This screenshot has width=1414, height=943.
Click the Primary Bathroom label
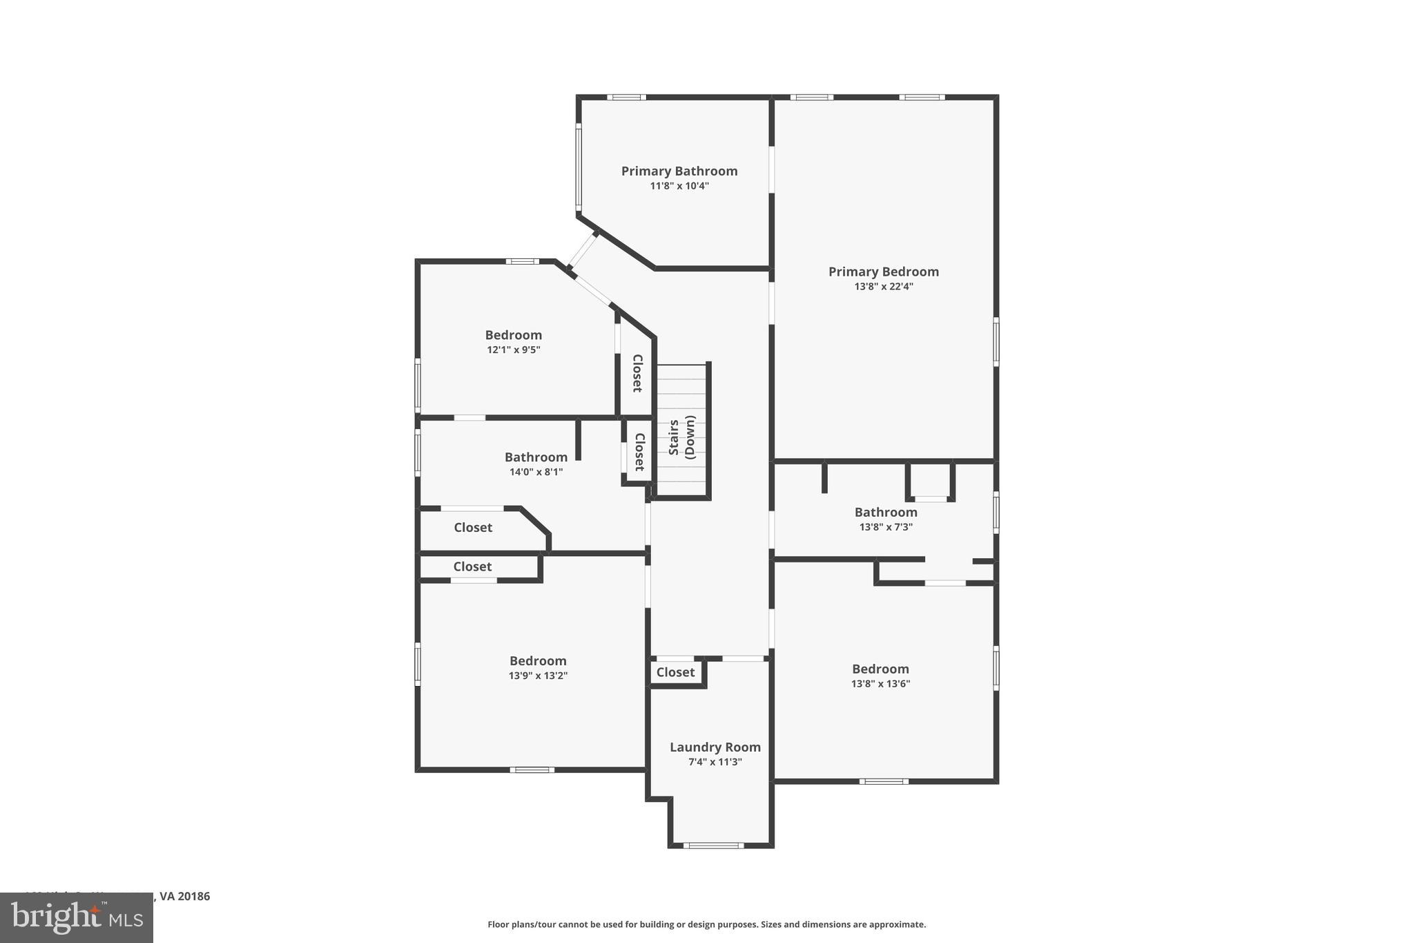pos(679,171)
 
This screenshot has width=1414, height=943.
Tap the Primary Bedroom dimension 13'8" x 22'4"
pos(883,287)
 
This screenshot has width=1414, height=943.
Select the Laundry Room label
pos(715,747)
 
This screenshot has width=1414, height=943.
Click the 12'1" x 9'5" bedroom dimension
pos(513,350)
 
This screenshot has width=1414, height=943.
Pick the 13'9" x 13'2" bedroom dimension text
pos(538,676)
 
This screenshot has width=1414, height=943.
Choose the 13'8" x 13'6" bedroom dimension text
pos(880,684)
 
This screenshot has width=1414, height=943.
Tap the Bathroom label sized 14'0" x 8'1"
pos(536,457)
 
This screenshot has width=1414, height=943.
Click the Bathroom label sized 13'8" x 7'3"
pos(885,512)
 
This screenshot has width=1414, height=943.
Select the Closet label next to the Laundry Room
pos(675,672)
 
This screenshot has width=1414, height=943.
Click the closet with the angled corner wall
pos(473,528)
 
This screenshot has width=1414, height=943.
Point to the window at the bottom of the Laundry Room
pos(713,845)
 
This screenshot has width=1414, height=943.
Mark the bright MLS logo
pos(77,917)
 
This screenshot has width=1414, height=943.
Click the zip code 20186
pos(194,896)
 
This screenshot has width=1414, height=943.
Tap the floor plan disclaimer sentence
pos(706,924)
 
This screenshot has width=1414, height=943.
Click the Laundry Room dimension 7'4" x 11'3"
pos(715,762)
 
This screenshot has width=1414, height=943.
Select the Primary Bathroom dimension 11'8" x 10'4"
pos(679,186)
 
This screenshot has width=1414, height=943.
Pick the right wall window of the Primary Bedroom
pos(996,341)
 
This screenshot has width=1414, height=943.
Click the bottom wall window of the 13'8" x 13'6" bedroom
pos(884,781)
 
